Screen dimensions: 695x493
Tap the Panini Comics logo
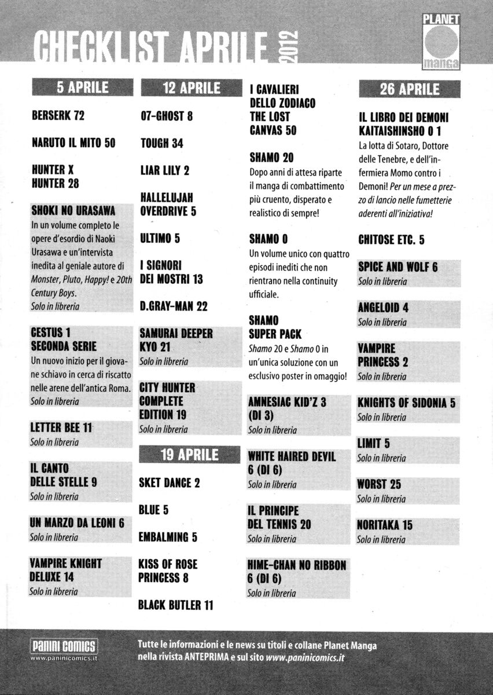62,645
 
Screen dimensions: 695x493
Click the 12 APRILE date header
190,88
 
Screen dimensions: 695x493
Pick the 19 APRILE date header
189,455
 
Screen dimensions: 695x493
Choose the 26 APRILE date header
409,89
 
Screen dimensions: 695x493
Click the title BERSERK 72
58,116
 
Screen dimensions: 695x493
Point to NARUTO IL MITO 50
73,143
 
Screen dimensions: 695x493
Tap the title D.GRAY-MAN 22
174,306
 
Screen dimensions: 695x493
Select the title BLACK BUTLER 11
176,605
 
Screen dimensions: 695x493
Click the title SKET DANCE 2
169,482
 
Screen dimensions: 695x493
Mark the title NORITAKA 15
385,525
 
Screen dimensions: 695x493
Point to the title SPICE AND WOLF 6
398,267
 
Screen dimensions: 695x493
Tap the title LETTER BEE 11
61,428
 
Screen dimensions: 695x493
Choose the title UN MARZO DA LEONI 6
77,523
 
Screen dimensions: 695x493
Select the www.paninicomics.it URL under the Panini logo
63,657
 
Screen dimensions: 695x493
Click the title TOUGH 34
161,143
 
